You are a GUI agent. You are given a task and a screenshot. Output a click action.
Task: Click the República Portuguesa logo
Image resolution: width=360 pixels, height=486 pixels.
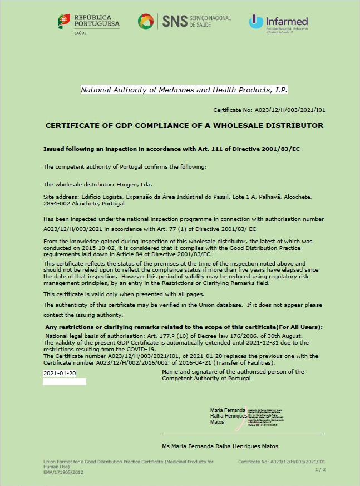point(88,23)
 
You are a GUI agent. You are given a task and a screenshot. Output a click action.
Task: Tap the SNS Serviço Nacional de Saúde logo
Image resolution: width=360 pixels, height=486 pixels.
point(184,22)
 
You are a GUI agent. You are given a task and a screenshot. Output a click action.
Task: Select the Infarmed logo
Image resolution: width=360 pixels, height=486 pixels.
point(278,23)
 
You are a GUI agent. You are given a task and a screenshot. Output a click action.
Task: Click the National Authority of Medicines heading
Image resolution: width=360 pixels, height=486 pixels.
point(184,90)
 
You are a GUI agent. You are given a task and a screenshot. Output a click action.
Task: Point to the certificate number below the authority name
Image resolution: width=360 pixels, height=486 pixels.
point(269,111)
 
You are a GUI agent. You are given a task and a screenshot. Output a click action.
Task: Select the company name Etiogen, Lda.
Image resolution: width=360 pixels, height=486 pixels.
point(137,184)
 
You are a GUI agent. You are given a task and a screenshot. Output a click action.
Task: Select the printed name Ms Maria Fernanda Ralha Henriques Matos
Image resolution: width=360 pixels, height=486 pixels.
point(220,446)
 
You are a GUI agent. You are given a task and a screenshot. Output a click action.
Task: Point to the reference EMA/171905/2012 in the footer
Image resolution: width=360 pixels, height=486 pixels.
point(64,471)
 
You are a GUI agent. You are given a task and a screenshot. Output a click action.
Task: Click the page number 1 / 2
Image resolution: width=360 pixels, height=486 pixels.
point(320,470)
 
